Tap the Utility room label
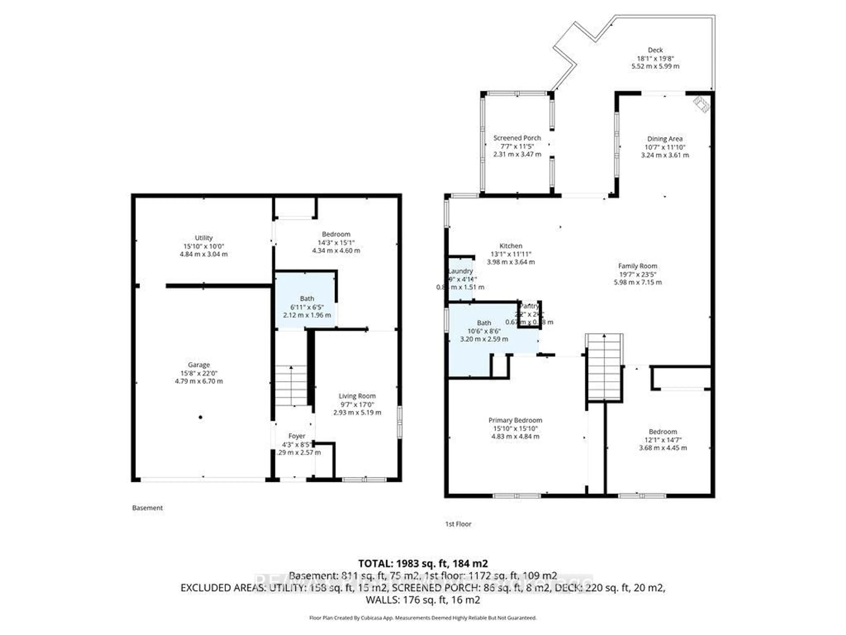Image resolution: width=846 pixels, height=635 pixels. pyautogui.click(x=204, y=238)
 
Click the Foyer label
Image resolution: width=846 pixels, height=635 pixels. pyautogui.click(x=297, y=436)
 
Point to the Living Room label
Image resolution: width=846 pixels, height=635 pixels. pyautogui.click(x=357, y=396)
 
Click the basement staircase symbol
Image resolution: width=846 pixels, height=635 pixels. pyautogui.click(x=291, y=385)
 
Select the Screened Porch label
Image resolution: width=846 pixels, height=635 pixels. pyautogui.click(x=517, y=138)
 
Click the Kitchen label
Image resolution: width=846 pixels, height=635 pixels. pyautogui.click(x=511, y=246)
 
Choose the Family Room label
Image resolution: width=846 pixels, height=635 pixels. pyautogui.click(x=638, y=266)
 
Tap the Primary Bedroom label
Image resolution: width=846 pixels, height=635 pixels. pyautogui.click(x=515, y=420)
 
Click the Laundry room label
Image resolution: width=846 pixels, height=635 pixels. pyautogui.click(x=461, y=271)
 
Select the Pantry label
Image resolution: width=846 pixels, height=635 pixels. pyautogui.click(x=529, y=306)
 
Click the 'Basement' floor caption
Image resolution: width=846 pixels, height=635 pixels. pyautogui.click(x=147, y=508)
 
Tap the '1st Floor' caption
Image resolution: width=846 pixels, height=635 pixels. pyautogui.click(x=458, y=524)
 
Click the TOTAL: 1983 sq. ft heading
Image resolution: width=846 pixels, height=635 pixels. pyautogui.click(x=423, y=563)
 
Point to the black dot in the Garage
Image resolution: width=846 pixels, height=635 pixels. pyautogui.click(x=200, y=417)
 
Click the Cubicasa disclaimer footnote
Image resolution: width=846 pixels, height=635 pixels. pyautogui.click(x=423, y=618)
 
